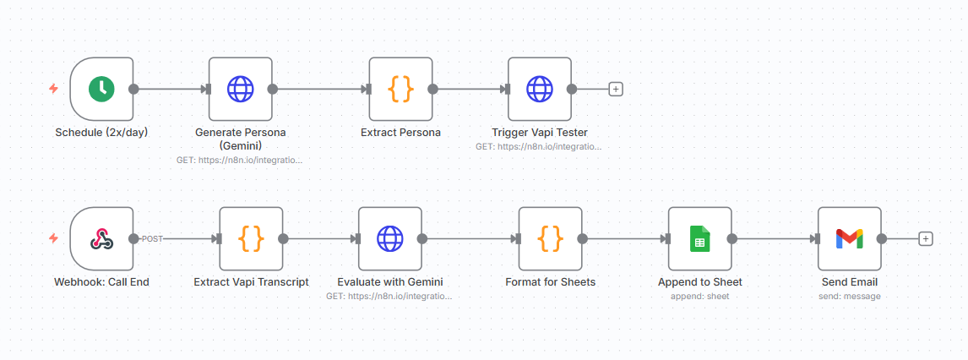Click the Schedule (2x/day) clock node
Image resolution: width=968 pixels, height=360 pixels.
102,89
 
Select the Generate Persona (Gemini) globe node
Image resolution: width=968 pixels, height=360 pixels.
241,89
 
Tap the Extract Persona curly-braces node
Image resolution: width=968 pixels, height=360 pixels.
400,89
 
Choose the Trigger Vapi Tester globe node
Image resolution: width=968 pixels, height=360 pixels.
540,89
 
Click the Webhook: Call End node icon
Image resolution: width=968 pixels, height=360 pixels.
102,239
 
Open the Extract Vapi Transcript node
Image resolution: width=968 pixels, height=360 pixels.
251,239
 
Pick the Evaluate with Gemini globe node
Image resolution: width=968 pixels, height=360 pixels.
390,239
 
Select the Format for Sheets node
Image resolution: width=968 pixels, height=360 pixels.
550,239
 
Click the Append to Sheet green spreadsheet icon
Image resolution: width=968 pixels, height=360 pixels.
699,239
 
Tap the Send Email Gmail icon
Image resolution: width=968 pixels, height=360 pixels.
850,239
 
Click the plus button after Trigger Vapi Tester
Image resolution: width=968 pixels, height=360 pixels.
616,89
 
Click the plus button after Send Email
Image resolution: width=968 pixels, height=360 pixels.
925,239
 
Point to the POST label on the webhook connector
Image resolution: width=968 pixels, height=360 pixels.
152,239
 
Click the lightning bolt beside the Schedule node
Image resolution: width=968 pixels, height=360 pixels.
54,89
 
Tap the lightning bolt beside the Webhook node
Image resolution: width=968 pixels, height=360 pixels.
54,238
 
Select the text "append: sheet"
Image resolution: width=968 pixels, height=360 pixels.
699,297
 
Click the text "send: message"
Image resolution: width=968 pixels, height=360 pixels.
850,297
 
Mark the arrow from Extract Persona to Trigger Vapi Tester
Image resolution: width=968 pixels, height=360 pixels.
470,89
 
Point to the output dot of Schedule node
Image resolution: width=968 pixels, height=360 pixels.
133,89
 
